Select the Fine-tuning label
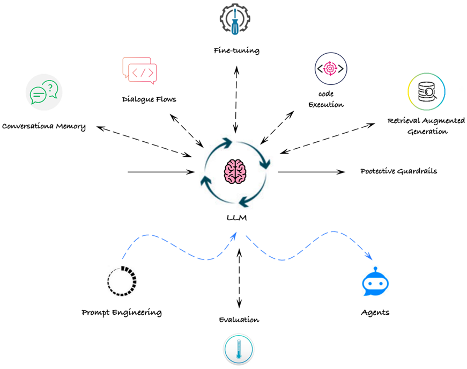(x=235, y=50)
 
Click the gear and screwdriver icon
(x=235, y=20)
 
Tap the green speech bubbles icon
(x=43, y=93)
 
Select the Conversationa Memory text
(x=44, y=126)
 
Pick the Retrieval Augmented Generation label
(x=426, y=125)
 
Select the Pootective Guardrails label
(x=398, y=171)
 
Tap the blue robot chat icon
(x=375, y=283)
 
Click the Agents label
(x=375, y=312)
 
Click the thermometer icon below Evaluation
(x=238, y=350)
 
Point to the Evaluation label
(x=239, y=320)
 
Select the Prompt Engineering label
(x=122, y=312)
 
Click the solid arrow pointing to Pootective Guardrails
(x=311, y=172)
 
